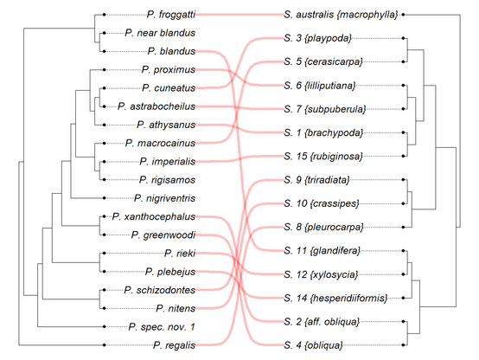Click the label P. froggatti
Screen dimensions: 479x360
click(x=171, y=15)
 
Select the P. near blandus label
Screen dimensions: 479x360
click(x=160, y=33)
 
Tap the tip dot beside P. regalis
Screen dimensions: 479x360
click(x=104, y=345)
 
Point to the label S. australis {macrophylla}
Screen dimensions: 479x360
click(x=341, y=15)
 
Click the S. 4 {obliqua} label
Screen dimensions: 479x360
click(x=314, y=345)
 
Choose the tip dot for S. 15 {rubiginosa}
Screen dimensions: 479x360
click(x=403, y=156)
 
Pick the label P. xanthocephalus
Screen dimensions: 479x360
click(x=154, y=217)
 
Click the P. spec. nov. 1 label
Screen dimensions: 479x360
click(x=162, y=327)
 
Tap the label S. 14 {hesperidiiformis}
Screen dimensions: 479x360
click(x=335, y=298)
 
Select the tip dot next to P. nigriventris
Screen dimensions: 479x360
click(x=104, y=198)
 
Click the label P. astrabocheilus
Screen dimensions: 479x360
click(x=156, y=106)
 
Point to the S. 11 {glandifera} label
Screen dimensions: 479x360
click(x=323, y=251)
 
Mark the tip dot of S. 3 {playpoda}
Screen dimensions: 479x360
click(x=403, y=38)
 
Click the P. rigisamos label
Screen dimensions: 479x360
click(x=167, y=180)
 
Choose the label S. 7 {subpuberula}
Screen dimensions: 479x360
click(x=325, y=109)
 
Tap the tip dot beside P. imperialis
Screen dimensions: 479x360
click(x=104, y=162)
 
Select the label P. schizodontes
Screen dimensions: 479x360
click(x=159, y=290)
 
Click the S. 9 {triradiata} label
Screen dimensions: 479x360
click(x=316, y=180)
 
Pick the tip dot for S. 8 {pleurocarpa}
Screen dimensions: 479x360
click(x=403, y=228)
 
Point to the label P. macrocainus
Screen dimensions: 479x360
click(x=160, y=143)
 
